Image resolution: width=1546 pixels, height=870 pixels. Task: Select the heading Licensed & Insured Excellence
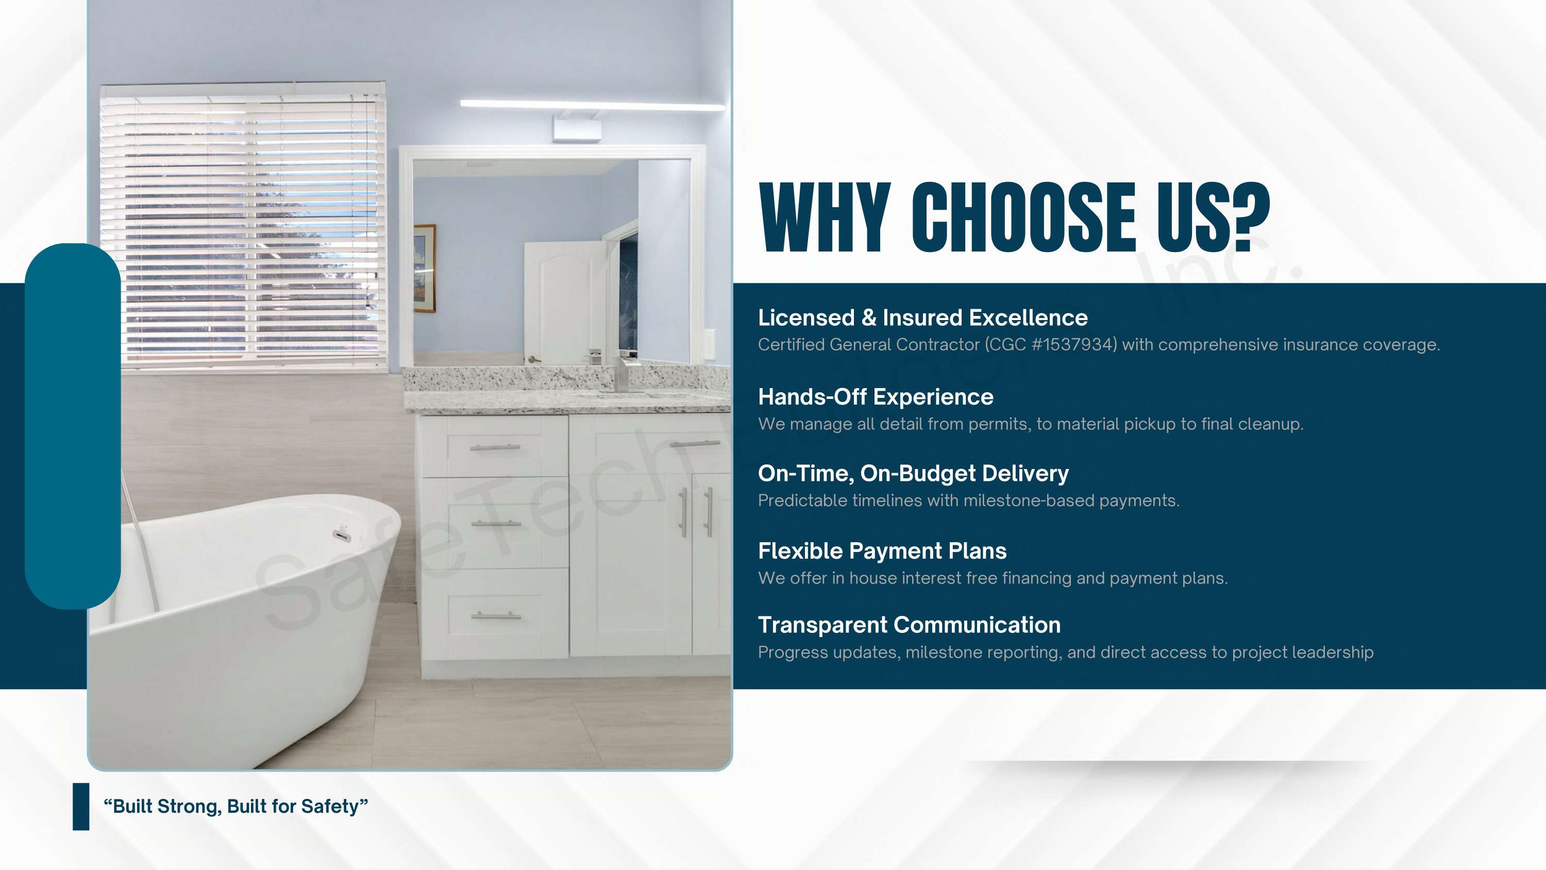922,317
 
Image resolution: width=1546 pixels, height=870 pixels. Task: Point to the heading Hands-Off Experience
876,397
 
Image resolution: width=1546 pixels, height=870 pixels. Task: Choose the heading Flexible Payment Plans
882,551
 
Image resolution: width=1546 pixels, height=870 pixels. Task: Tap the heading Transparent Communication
909,625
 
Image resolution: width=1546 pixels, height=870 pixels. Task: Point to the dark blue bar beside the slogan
81,807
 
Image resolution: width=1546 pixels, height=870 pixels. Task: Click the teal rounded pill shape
73,426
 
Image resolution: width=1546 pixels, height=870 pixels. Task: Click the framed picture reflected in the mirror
424,269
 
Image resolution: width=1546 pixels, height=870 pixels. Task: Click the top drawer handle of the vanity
495,448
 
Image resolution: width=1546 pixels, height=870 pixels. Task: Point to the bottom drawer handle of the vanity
496,615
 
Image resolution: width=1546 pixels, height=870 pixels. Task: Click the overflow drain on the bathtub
341,534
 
